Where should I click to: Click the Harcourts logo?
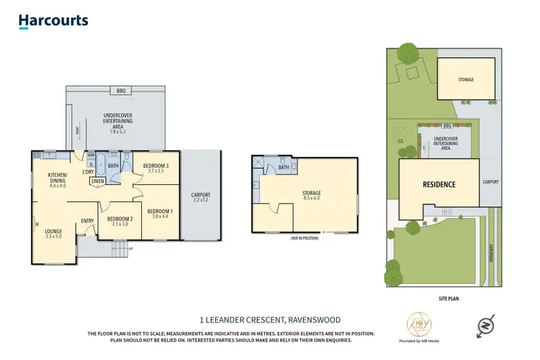(x=53, y=22)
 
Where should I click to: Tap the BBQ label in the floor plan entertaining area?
(x=120, y=91)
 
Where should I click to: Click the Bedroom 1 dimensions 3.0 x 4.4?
(x=158, y=216)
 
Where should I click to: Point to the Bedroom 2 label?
(x=120, y=219)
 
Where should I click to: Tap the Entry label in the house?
(x=88, y=221)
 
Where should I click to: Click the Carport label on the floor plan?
(x=201, y=194)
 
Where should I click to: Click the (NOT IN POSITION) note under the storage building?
(x=305, y=238)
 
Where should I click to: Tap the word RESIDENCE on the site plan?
(x=438, y=185)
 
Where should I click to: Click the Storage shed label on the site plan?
(x=466, y=79)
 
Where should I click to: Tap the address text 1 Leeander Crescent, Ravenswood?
(x=270, y=319)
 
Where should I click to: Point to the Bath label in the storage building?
(x=284, y=167)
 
